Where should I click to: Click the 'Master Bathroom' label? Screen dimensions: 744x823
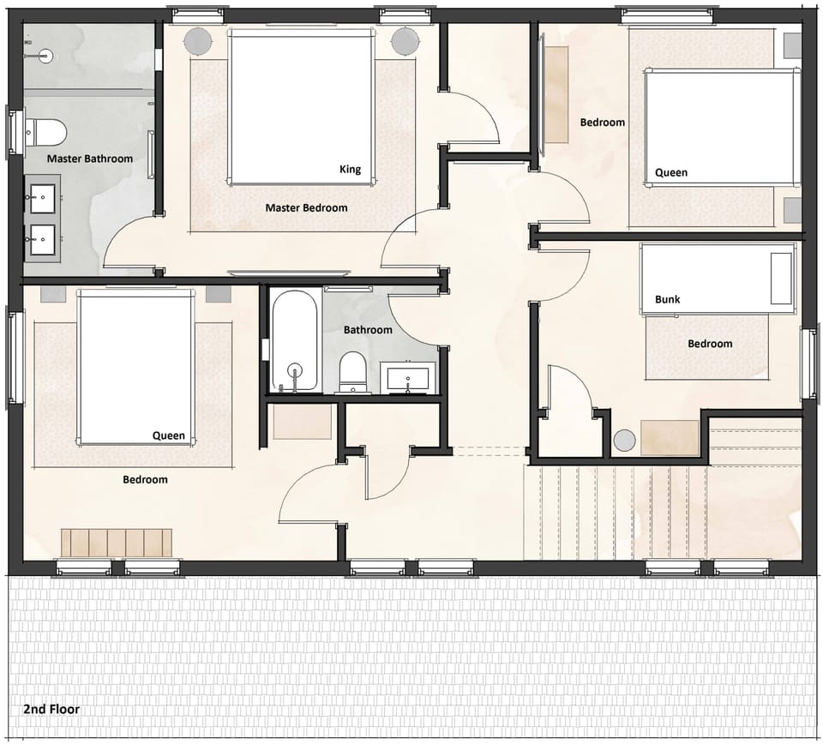[x=89, y=159]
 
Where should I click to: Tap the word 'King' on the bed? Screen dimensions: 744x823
[x=350, y=169]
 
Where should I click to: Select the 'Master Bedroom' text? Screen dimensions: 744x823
[x=306, y=207]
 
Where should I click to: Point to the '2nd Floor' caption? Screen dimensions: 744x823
[x=51, y=709]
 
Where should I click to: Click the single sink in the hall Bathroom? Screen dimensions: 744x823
[x=408, y=375]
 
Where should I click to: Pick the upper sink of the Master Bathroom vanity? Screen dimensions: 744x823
[x=41, y=198]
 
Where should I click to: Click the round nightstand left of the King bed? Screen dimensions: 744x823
[x=199, y=40]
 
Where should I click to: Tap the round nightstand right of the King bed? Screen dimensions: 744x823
[x=404, y=40]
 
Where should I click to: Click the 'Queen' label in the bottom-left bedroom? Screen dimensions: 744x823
[x=168, y=435]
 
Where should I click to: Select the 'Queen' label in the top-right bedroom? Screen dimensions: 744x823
[x=670, y=172]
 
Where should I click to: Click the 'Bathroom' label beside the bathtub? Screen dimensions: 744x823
[x=368, y=330]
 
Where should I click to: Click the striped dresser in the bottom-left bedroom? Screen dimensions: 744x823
[x=116, y=543]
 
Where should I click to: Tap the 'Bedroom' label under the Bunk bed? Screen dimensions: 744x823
[x=710, y=344]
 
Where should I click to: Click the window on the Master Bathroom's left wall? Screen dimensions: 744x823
[x=12, y=132]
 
